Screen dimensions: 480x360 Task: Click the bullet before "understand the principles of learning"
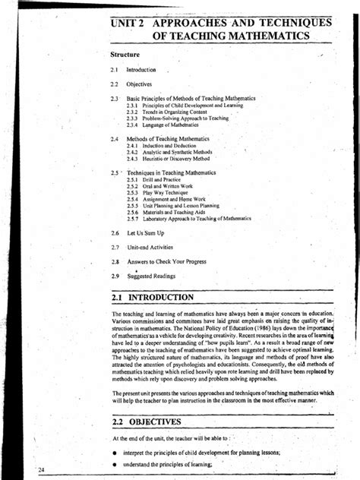click(x=113, y=466)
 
